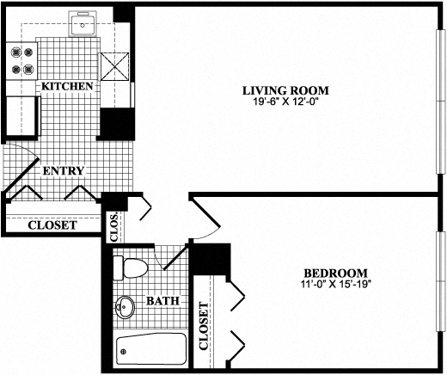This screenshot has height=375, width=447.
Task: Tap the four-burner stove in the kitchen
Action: click(22, 59)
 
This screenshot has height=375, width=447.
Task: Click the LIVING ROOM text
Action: click(285, 90)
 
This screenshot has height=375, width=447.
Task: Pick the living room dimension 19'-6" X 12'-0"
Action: click(285, 102)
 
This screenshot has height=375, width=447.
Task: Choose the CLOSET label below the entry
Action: click(52, 226)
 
